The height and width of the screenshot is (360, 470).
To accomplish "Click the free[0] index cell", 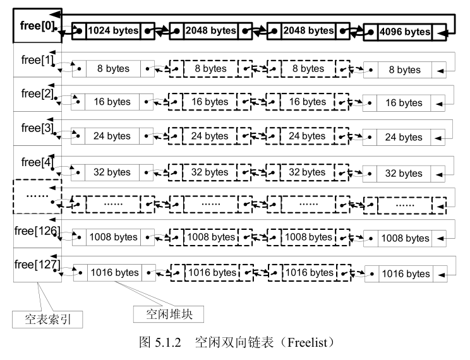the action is (x=37, y=27).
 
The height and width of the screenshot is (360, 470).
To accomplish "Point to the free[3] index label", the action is (x=36, y=128).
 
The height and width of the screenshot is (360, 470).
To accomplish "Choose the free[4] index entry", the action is (x=36, y=162).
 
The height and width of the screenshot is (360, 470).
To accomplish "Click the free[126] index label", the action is (x=36, y=231).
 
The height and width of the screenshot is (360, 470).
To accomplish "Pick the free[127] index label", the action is (x=36, y=265).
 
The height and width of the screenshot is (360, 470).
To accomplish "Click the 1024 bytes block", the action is (x=113, y=30).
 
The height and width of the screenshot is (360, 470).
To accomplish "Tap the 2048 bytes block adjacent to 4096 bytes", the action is (x=308, y=30).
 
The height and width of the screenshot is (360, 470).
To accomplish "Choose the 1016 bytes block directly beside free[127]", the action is (x=114, y=273).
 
